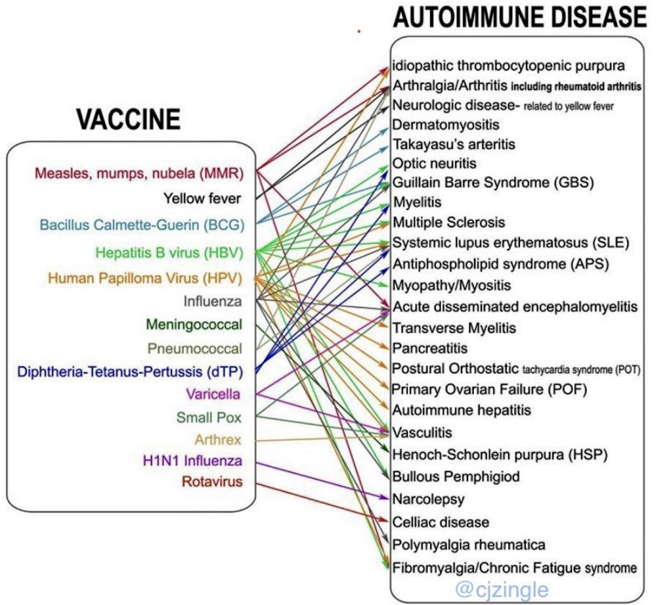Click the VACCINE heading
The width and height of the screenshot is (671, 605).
point(127,120)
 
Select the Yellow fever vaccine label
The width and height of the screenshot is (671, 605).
point(201,198)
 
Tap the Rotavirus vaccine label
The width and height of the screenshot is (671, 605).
point(211,481)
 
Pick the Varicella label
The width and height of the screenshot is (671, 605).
point(212,394)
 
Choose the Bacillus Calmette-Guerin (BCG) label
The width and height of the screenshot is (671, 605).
point(142,224)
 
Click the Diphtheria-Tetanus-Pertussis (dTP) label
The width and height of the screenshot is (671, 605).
point(129,372)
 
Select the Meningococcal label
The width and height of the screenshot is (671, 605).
point(193,324)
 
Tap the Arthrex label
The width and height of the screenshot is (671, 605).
point(217,439)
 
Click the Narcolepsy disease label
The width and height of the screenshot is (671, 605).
point(429,499)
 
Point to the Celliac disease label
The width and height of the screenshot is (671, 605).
point(441,522)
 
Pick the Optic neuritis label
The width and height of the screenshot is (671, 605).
point(434,163)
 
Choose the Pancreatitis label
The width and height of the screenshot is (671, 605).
point(430,348)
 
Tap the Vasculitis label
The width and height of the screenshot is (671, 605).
point(422,432)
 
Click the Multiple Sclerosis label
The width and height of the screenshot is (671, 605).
point(449,222)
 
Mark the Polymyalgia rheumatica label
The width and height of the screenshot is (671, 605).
point(469,545)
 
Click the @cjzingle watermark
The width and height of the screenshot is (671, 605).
point(501,591)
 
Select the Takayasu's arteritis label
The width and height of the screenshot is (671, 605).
point(453,144)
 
